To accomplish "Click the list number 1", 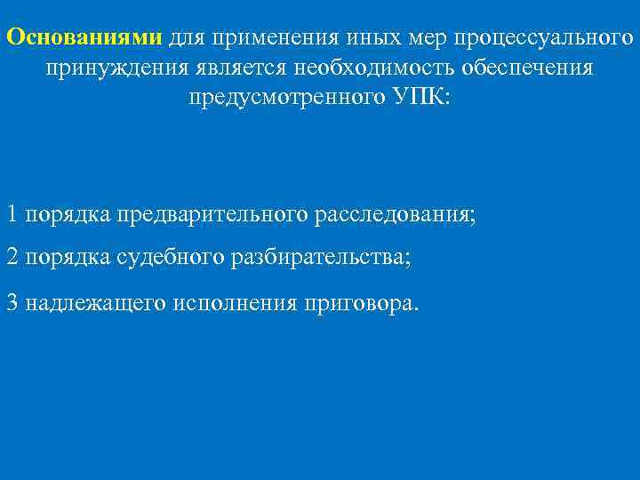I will (12, 214).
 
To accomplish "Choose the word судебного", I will (170, 258).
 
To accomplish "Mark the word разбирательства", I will (320, 258).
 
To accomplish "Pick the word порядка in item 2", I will (68, 258).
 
